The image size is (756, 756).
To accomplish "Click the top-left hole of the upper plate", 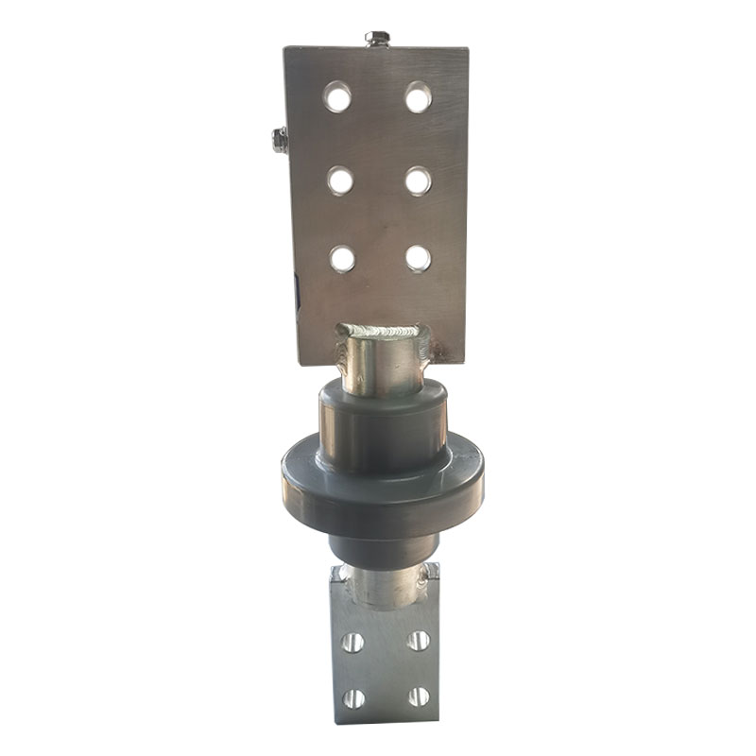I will (x=337, y=95).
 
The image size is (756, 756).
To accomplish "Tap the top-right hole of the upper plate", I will (x=418, y=96).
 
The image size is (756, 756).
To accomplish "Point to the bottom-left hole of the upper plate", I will (x=342, y=257).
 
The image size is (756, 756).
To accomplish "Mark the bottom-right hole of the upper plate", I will (x=418, y=257).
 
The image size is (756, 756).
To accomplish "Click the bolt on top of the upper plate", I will (x=377, y=39).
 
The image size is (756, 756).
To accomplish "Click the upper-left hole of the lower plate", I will (x=352, y=643).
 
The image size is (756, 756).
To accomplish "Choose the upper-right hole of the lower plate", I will (x=418, y=642).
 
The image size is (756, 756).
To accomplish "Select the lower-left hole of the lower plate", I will (x=352, y=699).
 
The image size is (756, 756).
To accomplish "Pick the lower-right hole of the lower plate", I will (x=418, y=698).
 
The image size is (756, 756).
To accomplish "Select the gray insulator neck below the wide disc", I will (x=382, y=546).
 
